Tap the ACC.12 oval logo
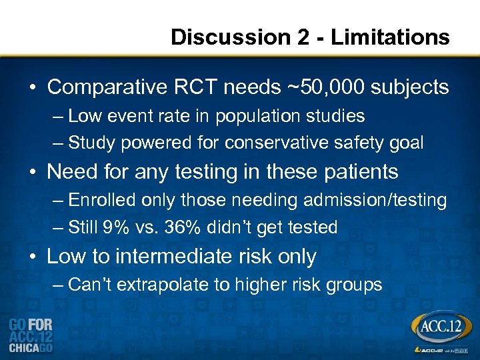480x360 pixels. click(x=441, y=327)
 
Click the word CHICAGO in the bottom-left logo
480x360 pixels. click(x=31, y=347)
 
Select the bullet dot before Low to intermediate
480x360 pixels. click(x=33, y=257)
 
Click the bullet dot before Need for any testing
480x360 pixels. click(x=33, y=172)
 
